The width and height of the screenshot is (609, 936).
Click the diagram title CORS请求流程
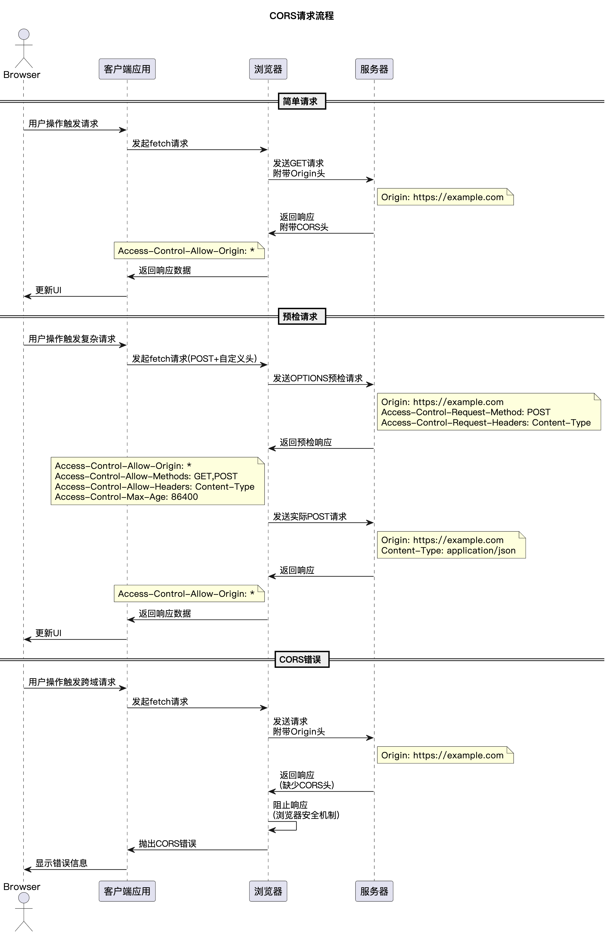302,16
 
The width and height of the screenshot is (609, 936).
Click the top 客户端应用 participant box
127,69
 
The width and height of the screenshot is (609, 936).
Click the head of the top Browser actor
23,34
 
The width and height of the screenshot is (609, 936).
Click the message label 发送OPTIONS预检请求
318,378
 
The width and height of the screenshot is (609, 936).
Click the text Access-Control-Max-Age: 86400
126,497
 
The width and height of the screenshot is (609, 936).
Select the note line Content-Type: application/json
448,551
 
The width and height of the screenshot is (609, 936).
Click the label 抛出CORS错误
167,843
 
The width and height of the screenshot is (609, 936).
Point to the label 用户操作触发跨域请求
72,682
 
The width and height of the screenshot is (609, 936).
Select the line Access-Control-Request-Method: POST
466,412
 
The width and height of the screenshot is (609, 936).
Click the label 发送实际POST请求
310,516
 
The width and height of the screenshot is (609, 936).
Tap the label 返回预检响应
305,442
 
